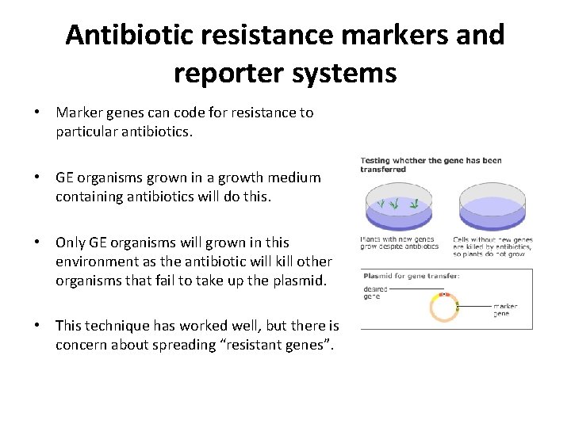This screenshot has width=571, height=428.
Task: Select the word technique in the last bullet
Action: (119, 326)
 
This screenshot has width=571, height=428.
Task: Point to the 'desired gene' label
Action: (375, 292)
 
